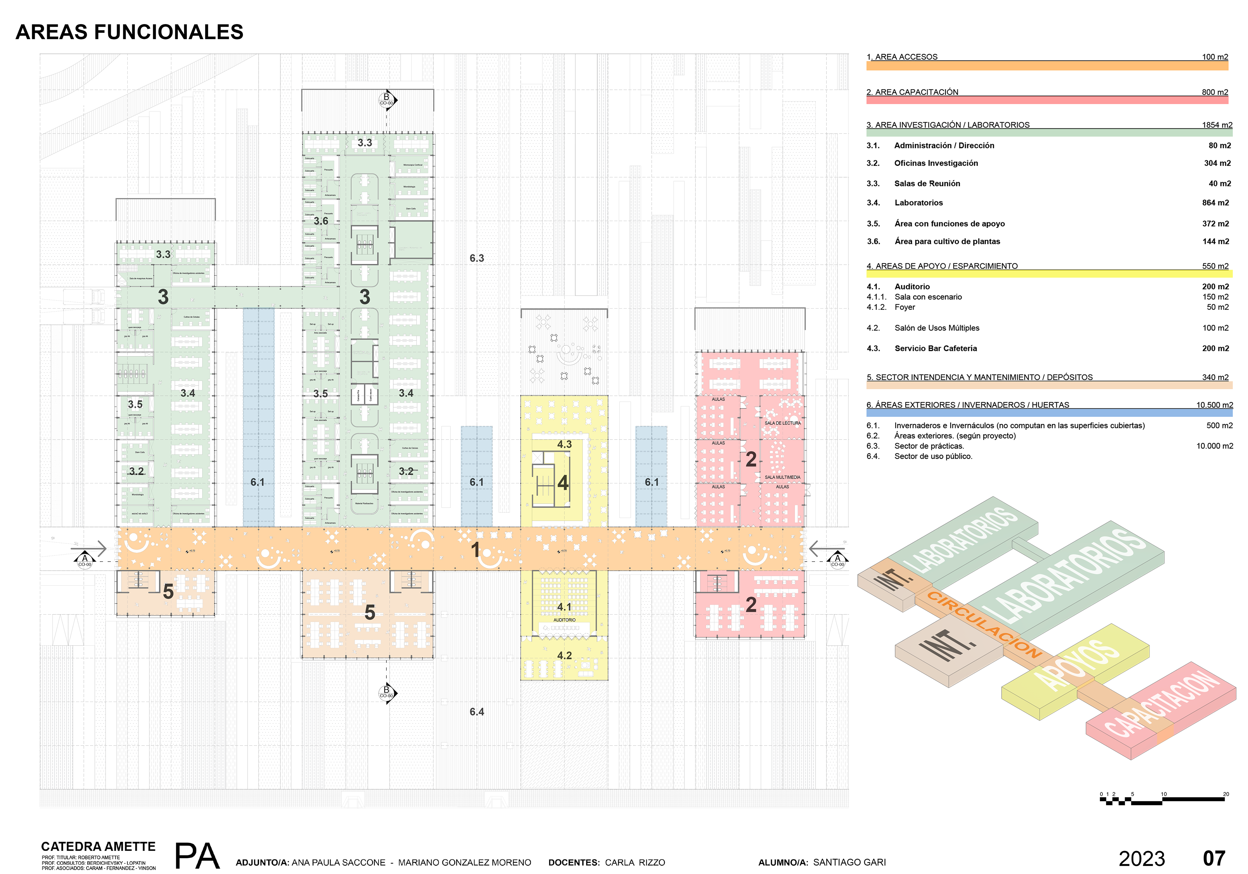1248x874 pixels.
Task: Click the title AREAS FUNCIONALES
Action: point(129,32)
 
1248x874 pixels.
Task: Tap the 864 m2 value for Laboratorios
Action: point(1215,203)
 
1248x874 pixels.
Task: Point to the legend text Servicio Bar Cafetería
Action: point(935,349)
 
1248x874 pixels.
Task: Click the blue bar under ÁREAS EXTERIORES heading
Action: point(1049,413)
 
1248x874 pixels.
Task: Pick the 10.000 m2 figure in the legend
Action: point(1214,446)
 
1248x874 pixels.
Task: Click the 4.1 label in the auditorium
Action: point(564,606)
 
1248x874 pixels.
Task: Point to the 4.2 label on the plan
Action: point(564,656)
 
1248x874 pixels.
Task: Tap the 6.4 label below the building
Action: point(477,712)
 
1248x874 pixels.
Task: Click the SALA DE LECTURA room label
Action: point(782,423)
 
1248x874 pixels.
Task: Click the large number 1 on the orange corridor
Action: point(475,550)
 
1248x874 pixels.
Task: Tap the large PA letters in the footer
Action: point(197,856)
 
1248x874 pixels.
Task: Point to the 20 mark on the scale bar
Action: point(1226,794)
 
